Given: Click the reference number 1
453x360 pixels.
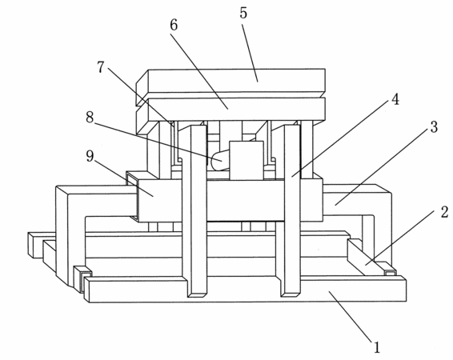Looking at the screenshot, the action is pos(377,347).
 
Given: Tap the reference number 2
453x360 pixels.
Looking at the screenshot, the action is pos(444,212).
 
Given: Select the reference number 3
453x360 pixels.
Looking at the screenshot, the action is pos(434,127).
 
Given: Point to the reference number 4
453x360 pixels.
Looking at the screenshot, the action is pos(395,99).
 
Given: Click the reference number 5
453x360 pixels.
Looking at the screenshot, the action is pos(243,13).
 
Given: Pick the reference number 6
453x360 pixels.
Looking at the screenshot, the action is pos(174,25).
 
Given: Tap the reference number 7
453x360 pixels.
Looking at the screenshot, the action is pos(100,67).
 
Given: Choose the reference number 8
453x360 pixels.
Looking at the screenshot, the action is pos(90,118).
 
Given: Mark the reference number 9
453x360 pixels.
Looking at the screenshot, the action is pos(90,156).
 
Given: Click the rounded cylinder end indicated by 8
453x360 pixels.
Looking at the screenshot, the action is pos(220,161).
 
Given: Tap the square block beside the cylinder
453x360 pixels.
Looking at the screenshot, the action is pos(247,161).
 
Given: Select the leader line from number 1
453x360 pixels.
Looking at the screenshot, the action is pos(350,317).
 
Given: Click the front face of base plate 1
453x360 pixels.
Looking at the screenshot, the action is pos(247,291).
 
